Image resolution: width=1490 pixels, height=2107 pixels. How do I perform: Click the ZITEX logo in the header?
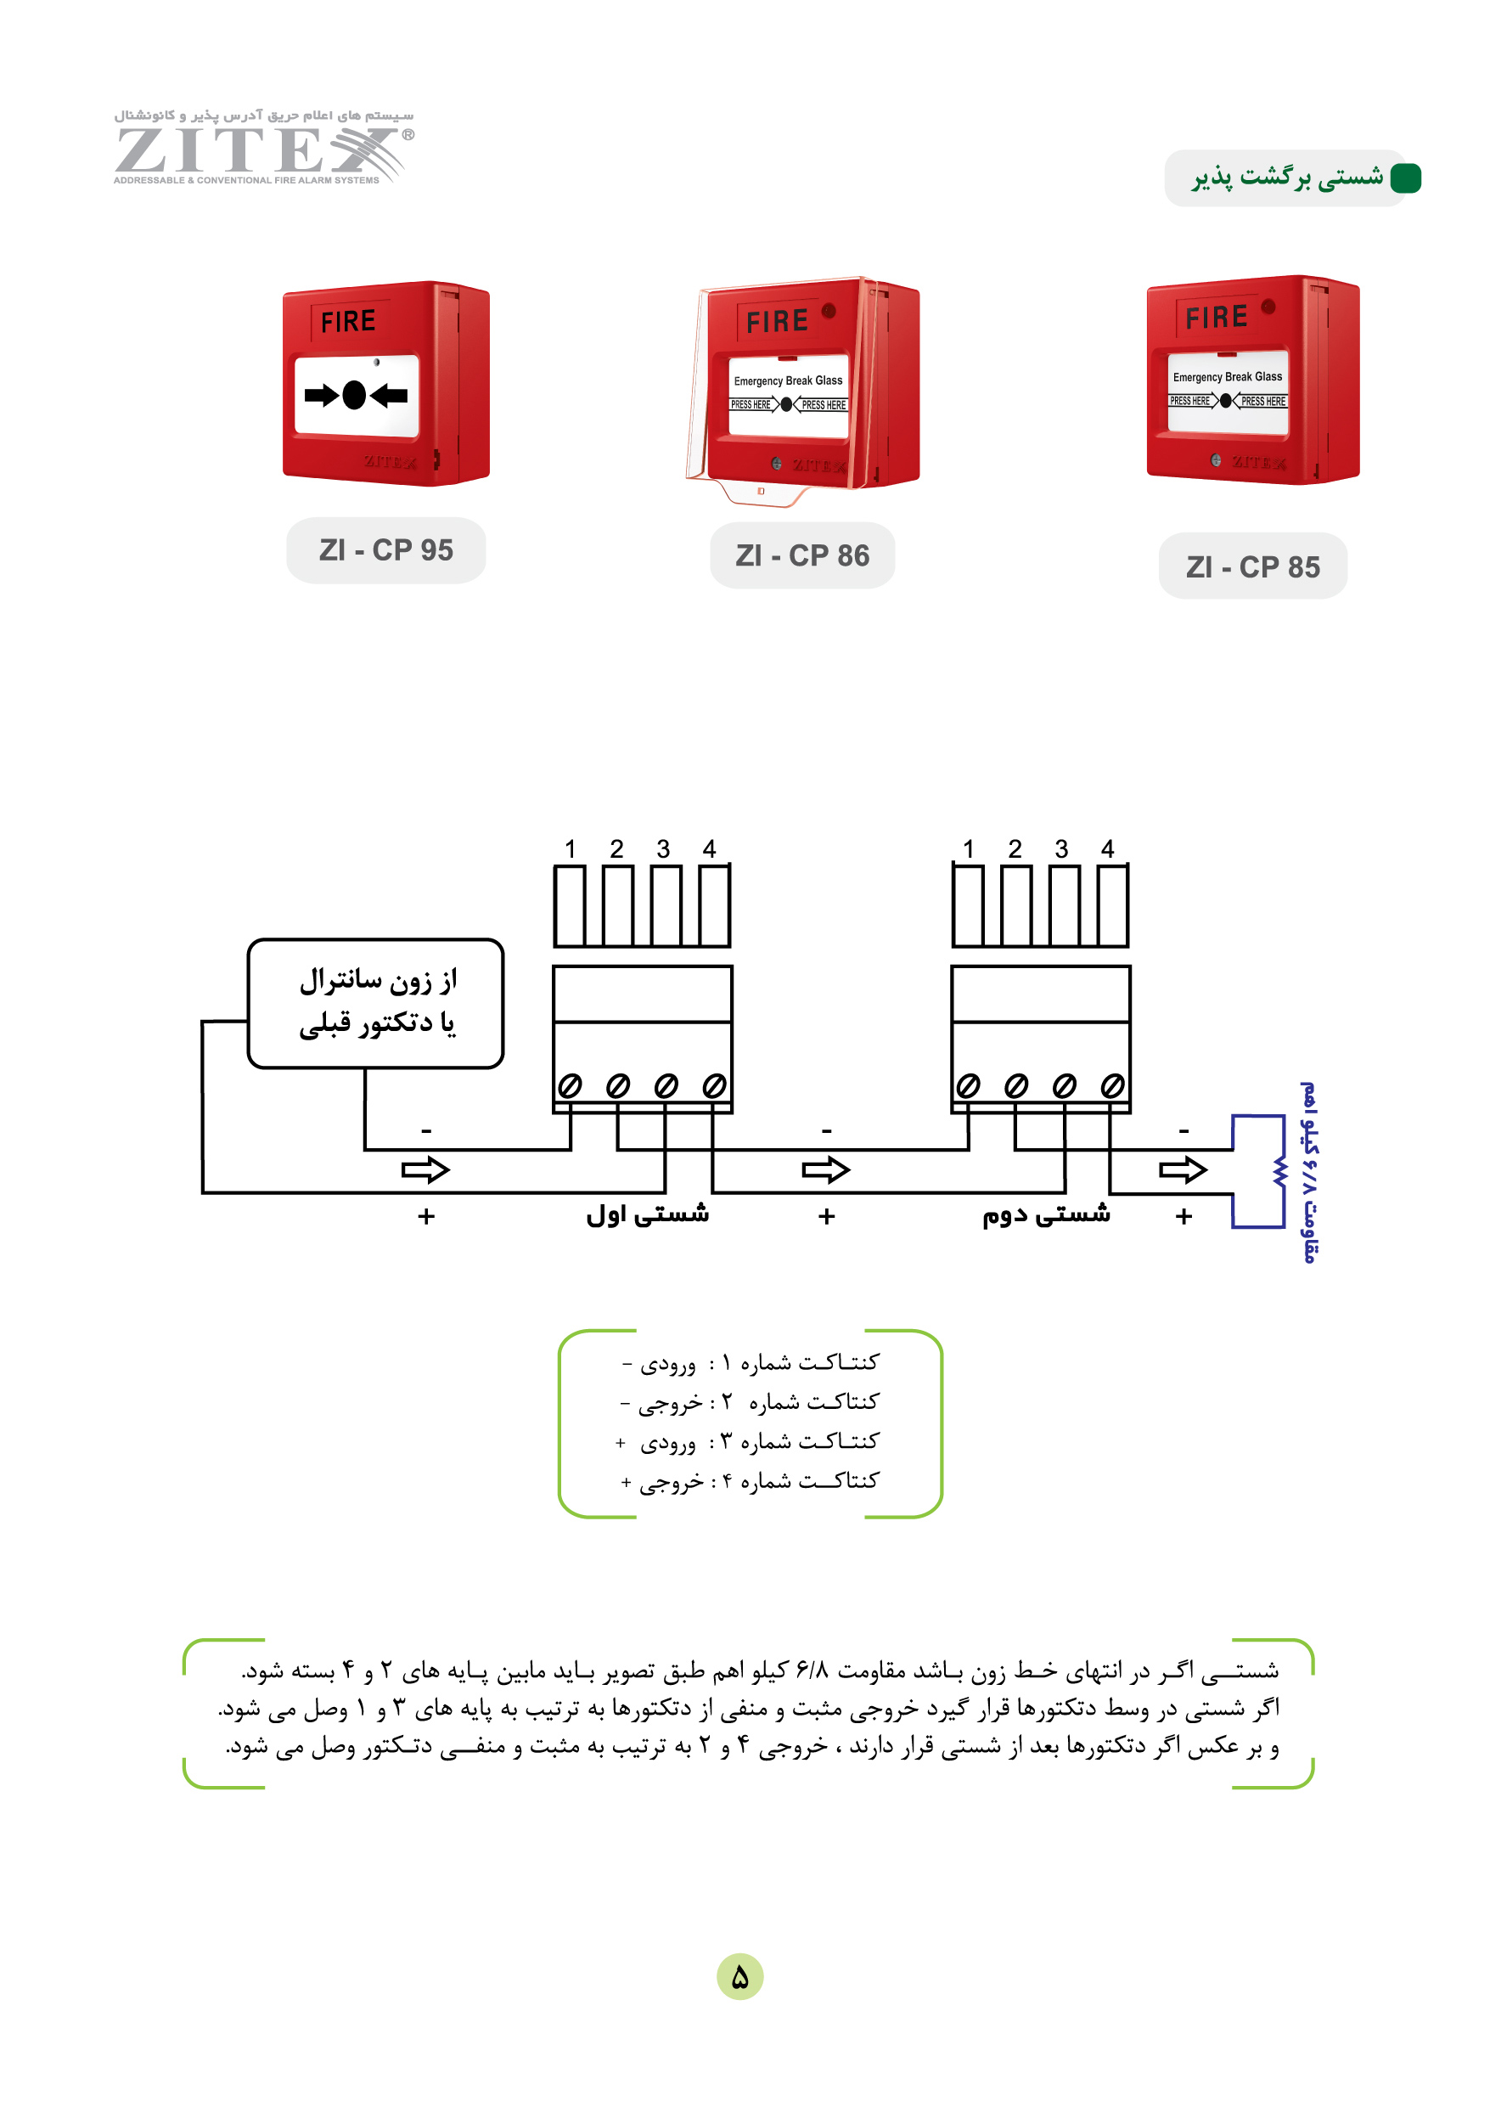pyautogui.click(x=263, y=147)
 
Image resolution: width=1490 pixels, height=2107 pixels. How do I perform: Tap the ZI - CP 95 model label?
pyautogui.click(x=386, y=549)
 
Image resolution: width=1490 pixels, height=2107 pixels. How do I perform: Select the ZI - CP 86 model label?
pyautogui.click(x=802, y=555)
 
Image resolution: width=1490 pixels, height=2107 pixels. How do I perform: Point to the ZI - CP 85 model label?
pyautogui.click(x=1252, y=566)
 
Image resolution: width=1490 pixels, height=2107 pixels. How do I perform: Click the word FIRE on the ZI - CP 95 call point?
pyautogui.click(x=348, y=321)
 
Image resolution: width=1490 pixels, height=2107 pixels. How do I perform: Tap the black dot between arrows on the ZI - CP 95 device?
pyautogui.click(x=354, y=395)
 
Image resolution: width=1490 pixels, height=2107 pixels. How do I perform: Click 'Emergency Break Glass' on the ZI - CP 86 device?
pyautogui.click(x=788, y=380)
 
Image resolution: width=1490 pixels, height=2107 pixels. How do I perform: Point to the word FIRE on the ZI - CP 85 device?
pyautogui.click(x=1216, y=318)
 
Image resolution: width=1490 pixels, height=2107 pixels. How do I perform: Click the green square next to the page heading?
pyautogui.click(x=1406, y=178)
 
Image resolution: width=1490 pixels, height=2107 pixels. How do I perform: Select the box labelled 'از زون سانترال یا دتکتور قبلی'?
pyautogui.click(x=376, y=1003)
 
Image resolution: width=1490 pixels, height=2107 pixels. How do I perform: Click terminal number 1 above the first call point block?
pyautogui.click(x=570, y=849)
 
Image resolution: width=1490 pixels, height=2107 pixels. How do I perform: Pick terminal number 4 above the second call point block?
pyautogui.click(x=1107, y=849)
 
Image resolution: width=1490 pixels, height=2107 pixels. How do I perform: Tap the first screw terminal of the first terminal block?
pyautogui.click(x=570, y=1086)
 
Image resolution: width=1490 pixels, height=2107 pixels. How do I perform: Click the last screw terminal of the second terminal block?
pyautogui.click(x=1112, y=1086)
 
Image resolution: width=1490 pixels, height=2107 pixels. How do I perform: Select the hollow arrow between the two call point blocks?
pyautogui.click(x=826, y=1170)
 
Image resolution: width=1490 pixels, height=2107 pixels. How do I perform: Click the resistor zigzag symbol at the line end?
pyautogui.click(x=1279, y=1172)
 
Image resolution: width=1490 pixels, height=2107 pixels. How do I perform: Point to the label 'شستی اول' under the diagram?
pyautogui.click(x=648, y=1214)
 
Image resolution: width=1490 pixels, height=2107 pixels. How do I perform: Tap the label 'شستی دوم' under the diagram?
pyautogui.click(x=1046, y=1214)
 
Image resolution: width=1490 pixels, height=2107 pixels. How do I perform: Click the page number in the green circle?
pyautogui.click(x=739, y=1977)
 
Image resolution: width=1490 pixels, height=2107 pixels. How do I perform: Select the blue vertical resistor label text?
pyautogui.click(x=1309, y=1172)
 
